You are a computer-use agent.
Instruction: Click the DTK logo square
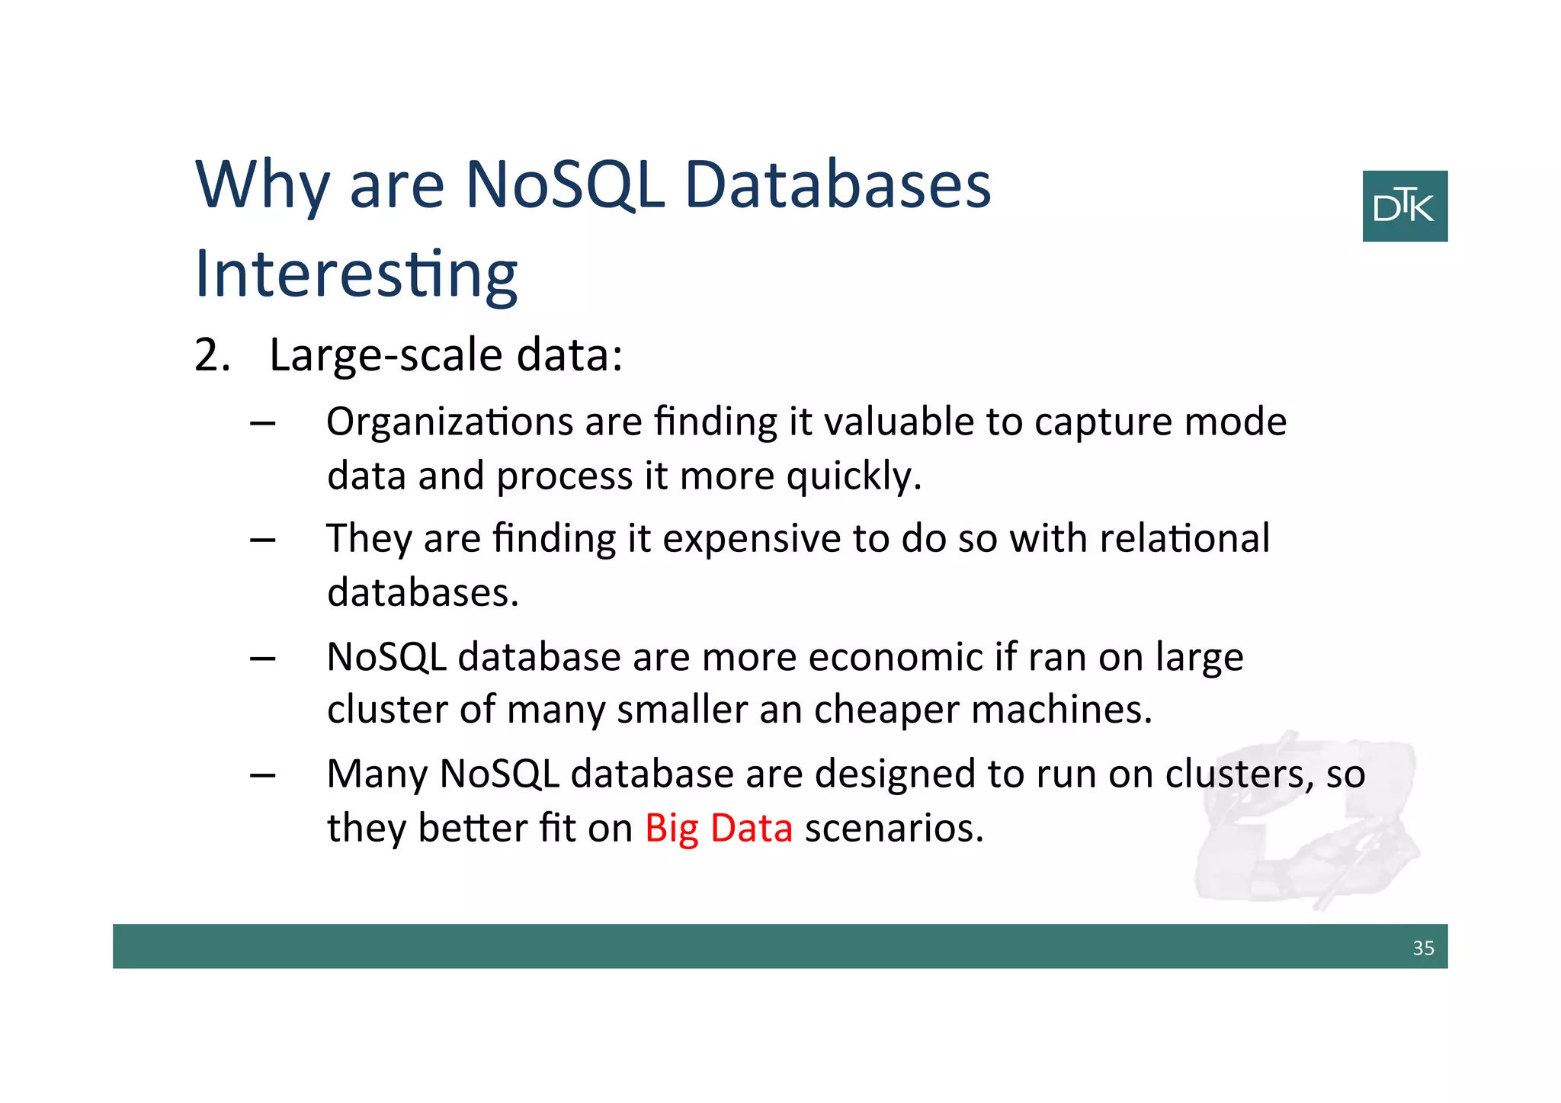pos(1404,206)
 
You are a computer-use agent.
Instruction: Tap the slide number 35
pos(1422,947)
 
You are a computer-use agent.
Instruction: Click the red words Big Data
pos(718,828)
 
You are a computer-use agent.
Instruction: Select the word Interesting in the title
pos(356,274)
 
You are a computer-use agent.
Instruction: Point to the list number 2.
pos(211,355)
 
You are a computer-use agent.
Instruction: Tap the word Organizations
pos(449,422)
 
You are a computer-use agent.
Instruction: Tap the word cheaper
pos(886,710)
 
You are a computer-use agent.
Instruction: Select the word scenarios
pos(893,828)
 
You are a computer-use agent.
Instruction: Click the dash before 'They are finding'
pos(262,540)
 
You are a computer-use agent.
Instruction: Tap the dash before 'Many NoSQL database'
pos(262,775)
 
